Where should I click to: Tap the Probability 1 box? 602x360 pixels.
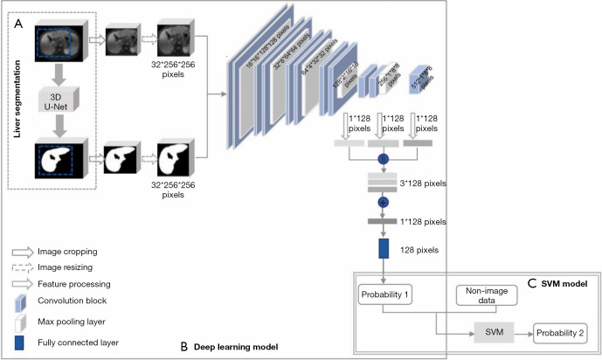pyautogui.click(x=385, y=294)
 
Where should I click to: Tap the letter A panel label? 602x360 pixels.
pyautogui.click(x=18, y=24)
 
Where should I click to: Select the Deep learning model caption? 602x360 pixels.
pyautogui.click(x=235, y=347)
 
